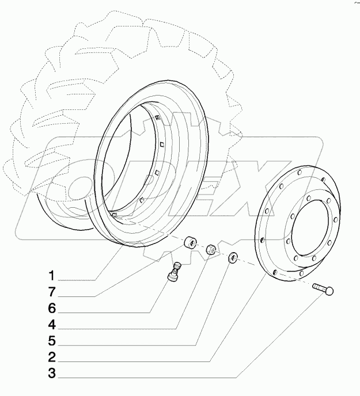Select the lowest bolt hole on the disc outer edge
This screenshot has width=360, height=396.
click(x=275, y=271)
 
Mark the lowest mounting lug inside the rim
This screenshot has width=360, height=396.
click(x=115, y=214)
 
